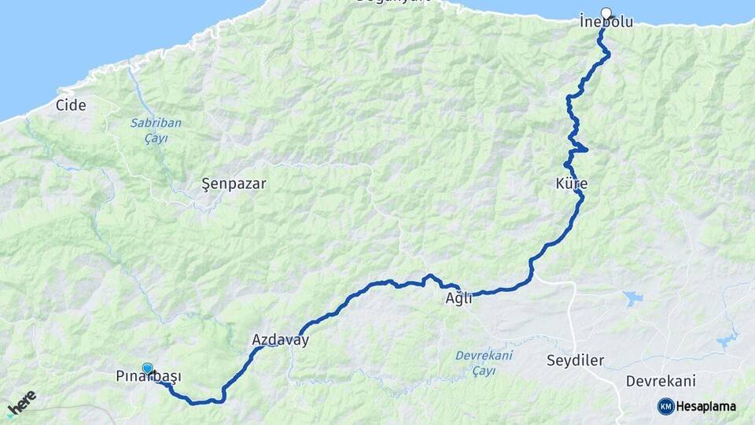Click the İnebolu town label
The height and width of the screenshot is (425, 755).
tap(606, 22)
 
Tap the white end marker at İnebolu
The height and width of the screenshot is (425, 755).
tap(606, 13)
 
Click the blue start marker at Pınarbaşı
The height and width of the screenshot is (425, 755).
tap(148, 368)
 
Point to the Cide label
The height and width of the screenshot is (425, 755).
tap(71, 105)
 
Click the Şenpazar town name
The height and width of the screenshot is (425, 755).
tap(234, 184)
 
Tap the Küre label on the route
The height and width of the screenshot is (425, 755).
tap(571, 184)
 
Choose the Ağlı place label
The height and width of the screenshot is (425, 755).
tap(459, 297)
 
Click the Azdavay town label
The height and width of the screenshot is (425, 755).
tap(280, 341)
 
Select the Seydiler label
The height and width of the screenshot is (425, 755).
tap(575, 360)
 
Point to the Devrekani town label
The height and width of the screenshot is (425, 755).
tap(661, 381)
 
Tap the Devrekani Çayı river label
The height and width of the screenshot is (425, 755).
tap(484, 362)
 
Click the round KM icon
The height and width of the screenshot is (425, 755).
tap(666, 406)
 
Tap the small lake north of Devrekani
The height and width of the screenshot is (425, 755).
tap(632, 298)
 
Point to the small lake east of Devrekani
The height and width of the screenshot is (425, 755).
tap(727, 340)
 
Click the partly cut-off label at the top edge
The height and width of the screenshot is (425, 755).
tap(393, 2)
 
